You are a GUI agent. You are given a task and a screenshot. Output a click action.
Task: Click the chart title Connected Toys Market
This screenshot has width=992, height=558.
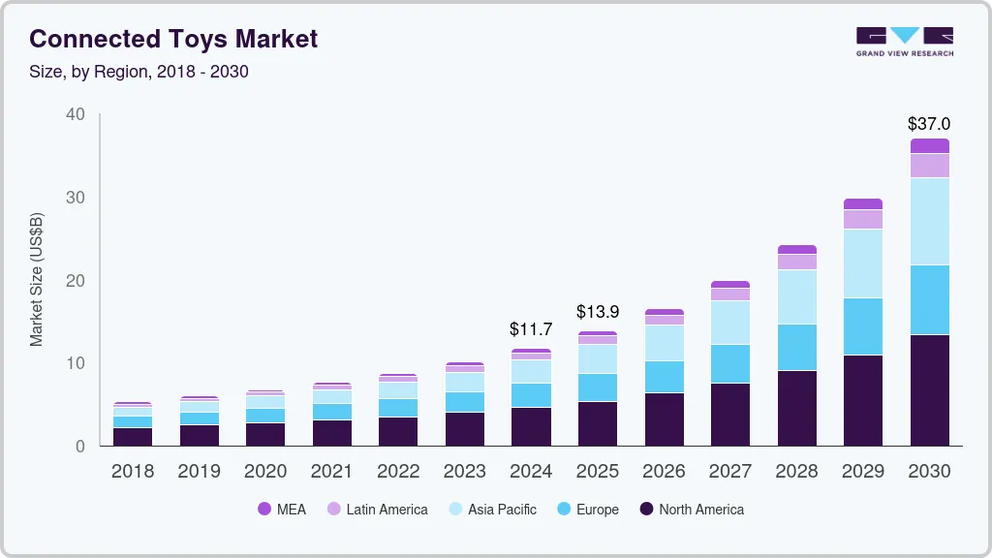(173, 39)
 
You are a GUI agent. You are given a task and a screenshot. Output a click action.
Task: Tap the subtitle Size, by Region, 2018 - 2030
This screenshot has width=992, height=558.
(139, 72)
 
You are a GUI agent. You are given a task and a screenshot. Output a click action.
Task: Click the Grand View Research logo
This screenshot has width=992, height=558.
(904, 41)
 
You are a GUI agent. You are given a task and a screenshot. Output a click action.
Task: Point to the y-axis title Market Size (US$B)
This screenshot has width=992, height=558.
(37, 280)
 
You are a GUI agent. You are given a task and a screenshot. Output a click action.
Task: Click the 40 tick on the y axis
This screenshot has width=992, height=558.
(76, 114)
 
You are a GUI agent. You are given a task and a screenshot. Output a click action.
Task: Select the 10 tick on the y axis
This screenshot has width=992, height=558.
(76, 363)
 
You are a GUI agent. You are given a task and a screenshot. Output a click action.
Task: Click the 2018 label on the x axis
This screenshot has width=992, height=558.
(132, 472)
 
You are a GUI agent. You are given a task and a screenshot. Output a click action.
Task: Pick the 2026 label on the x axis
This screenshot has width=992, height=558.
(664, 472)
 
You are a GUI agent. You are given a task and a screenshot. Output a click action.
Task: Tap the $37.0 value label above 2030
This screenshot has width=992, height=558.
(928, 124)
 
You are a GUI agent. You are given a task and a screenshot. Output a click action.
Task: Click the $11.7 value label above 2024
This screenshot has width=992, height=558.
(531, 329)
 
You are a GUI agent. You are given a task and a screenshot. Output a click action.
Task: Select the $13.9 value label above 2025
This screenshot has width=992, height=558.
(597, 312)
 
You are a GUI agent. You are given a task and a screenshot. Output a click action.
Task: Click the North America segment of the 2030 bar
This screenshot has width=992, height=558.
(929, 389)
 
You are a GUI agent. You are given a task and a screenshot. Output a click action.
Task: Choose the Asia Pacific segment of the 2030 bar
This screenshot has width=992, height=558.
(929, 221)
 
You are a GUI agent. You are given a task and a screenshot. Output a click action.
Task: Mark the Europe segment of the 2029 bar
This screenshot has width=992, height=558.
(862, 326)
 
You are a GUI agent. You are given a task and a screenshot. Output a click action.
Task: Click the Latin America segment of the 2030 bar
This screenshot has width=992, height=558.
(929, 166)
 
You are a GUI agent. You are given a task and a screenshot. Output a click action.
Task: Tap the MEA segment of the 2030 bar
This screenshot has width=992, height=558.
(929, 145)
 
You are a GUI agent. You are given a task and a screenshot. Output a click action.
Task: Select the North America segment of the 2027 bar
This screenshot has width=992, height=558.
(729, 414)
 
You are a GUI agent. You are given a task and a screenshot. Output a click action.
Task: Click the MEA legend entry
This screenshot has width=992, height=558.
(282, 510)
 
